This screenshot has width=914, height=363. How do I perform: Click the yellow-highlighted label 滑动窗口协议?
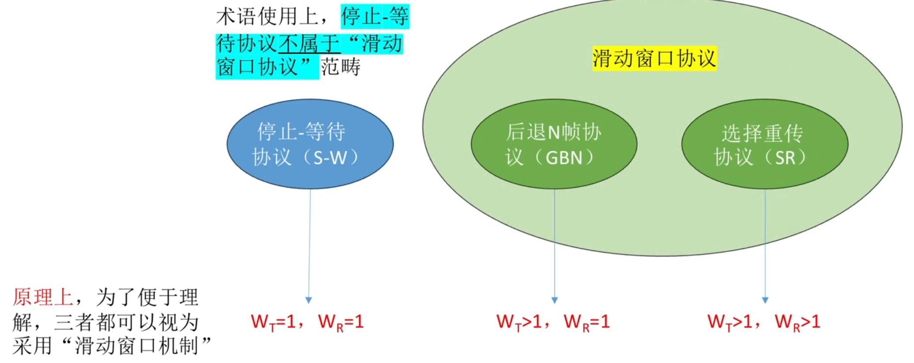click(654, 58)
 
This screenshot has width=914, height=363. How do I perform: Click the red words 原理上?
click(43, 297)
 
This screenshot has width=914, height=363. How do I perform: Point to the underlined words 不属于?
click(309, 44)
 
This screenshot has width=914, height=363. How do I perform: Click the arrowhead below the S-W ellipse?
click(308, 300)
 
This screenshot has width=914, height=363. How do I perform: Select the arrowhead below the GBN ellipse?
click(555, 300)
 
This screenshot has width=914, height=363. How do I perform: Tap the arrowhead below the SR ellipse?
click(765, 300)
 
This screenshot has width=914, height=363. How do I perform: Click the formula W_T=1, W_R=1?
click(308, 322)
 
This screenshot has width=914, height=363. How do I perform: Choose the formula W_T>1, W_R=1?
click(553, 322)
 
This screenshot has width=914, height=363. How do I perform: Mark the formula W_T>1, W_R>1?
click(764, 322)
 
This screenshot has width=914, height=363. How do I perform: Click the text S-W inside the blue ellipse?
click(330, 158)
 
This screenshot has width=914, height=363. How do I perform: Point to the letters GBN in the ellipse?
click(564, 158)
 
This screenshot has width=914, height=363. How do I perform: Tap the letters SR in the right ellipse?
click(785, 158)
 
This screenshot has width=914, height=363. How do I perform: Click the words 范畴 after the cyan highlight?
click(340, 67)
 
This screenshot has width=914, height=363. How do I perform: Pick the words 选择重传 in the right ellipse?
click(762, 133)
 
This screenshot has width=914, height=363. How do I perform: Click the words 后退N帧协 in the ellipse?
click(553, 132)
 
